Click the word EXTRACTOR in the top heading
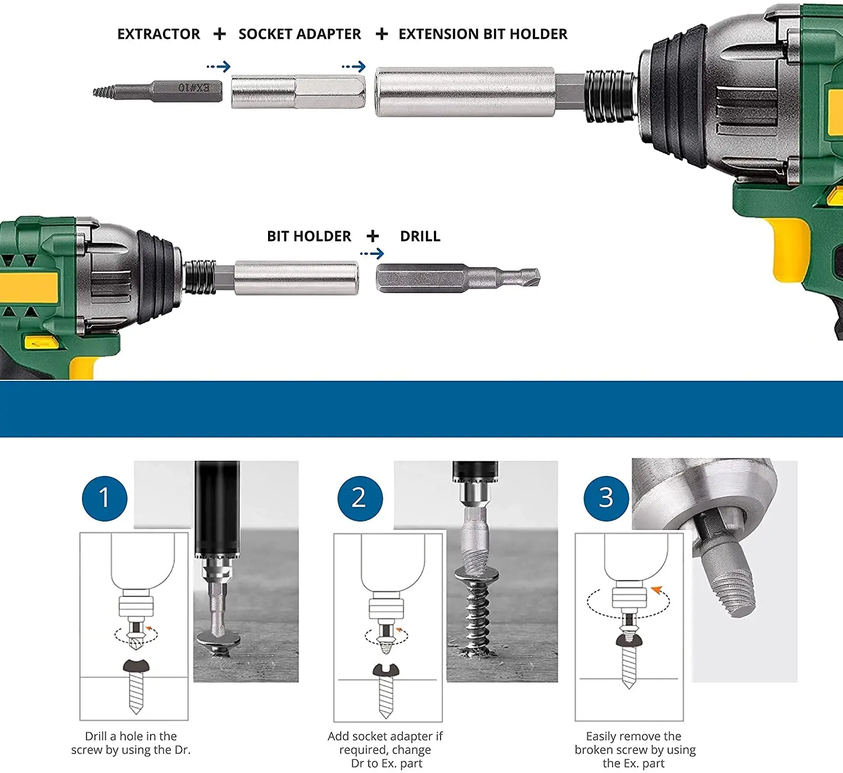(x=158, y=34)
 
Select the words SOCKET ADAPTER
(x=300, y=34)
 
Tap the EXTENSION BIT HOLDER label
(x=483, y=34)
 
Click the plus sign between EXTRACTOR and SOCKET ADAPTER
(x=219, y=34)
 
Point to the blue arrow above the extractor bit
(x=219, y=66)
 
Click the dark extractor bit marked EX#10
(x=157, y=91)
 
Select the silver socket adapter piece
(x=298, y=92)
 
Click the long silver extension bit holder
(x=479, y=92)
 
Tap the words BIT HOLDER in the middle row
(x=309, y=236)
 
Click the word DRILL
(x=420, y=236)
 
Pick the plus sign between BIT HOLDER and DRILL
(x=373, y=236)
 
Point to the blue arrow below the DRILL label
(x=372, y=253)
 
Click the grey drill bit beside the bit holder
(x=458, y=278)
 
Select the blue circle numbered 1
(x=105, y=498)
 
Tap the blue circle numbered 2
(x=360, y=498)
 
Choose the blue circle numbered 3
(x=606, y=498)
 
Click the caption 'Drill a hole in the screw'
(x=131, y=743)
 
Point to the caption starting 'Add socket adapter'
(x=386, y=749)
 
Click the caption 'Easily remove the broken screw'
(x=635, y=749)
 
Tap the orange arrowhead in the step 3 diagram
(x=656, y=590)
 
